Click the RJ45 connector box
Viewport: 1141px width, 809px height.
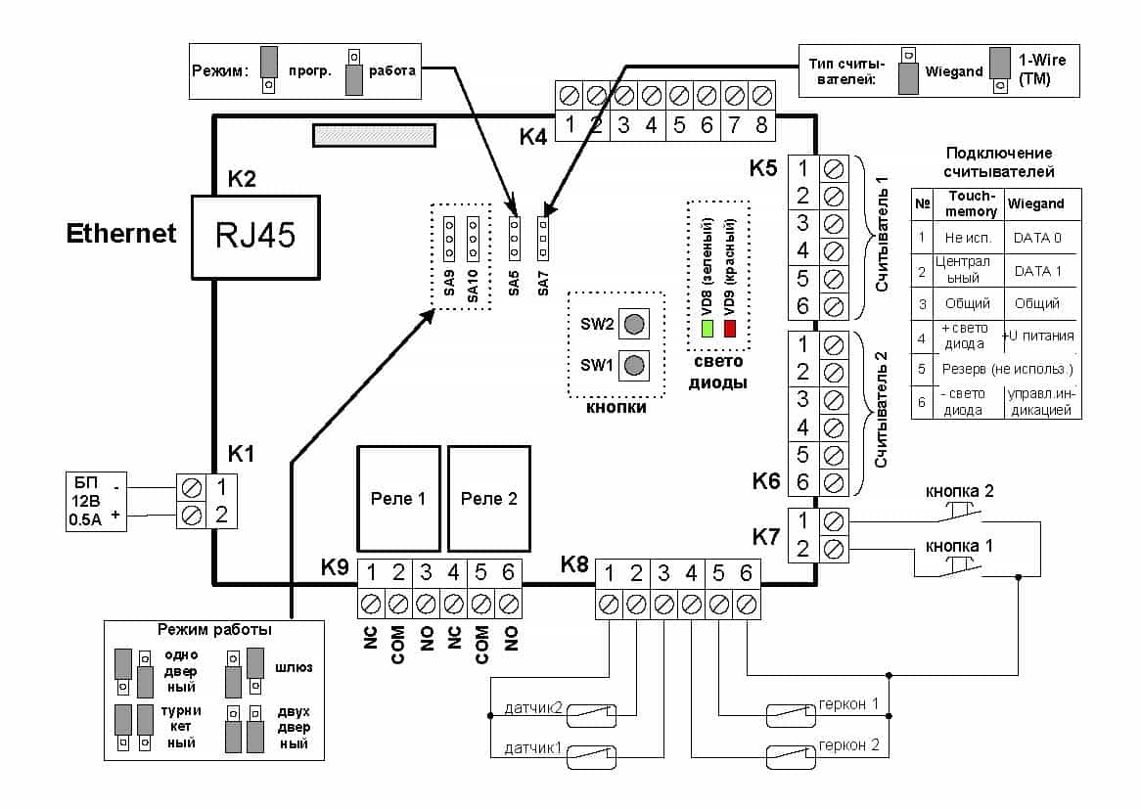tap(256, 236)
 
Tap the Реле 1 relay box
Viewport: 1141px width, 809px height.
tap(398, 498)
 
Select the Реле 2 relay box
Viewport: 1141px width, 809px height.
tap(489, 498)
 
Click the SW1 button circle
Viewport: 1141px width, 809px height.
tap(635, 365)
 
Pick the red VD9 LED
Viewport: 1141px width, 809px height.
tap(729, 328)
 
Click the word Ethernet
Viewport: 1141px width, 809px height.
tap(121, 234)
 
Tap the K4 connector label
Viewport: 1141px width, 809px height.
tap(533, 137)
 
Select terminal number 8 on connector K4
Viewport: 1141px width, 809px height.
tap(761, 125)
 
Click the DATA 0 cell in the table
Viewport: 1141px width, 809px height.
tap(1037, 237)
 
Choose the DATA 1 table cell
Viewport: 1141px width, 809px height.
tap(1037, 271)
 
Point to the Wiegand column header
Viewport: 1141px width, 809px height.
tap(1037, 204)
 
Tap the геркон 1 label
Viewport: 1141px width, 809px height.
tap(848, 704)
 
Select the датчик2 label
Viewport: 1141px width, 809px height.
tap(531, 707)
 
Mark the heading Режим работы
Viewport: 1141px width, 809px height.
tap(213, 630)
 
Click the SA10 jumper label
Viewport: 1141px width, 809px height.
tap(473, 282)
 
